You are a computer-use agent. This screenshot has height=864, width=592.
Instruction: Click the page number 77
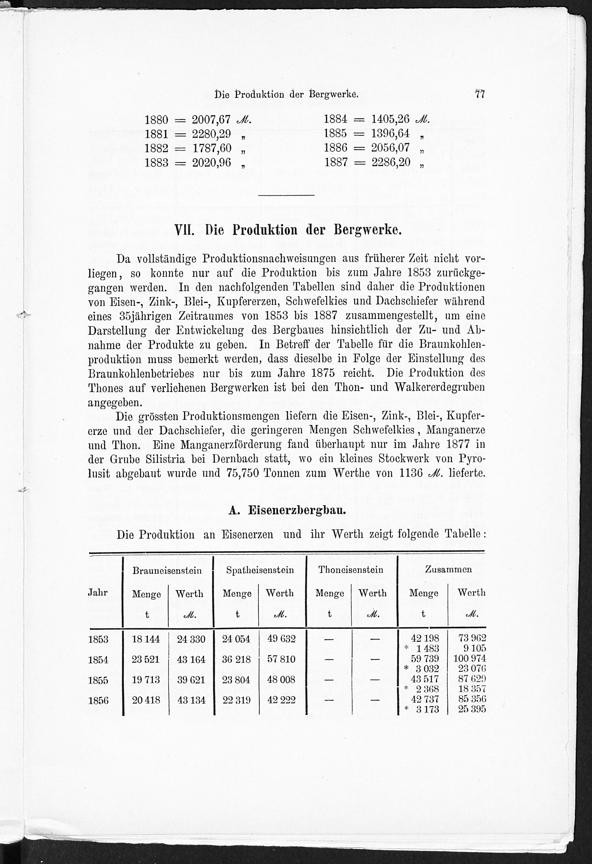tap(480, 94)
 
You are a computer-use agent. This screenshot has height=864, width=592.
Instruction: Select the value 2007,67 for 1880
tap(211, 120)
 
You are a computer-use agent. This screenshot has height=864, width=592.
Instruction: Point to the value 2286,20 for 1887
tap(391, 162)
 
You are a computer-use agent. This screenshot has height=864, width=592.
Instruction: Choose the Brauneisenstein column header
tap(167, 570)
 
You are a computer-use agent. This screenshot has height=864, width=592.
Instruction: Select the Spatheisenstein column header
tap(260, 570)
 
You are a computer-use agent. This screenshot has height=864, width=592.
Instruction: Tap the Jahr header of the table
tap(97, 593)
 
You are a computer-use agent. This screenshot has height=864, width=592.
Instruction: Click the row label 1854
tap(98, 660)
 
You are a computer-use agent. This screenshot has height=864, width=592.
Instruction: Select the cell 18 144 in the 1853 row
tap(146, 639)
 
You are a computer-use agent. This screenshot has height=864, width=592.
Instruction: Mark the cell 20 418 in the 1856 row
tap(146, 700)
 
